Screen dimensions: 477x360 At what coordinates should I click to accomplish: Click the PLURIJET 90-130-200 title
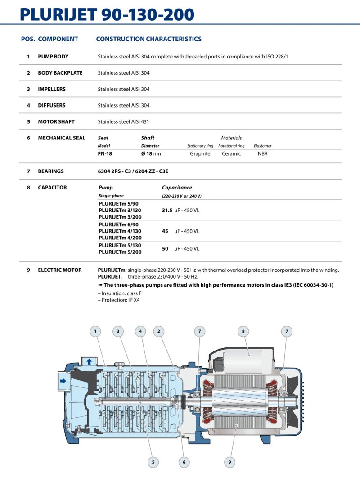(107, 14)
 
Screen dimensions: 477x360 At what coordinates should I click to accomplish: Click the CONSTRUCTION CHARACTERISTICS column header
(148, 39)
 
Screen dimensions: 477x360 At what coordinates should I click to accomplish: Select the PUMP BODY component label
(53, 57)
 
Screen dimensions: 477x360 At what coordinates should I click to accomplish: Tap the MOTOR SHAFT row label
(56, 121)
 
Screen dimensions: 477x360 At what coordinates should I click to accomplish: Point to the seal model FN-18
(105, 153)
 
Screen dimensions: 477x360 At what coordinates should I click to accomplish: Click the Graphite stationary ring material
(200, 153)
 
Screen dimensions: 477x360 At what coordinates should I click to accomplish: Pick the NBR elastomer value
(263, 153)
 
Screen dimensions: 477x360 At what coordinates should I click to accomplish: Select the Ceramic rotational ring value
(231, 153)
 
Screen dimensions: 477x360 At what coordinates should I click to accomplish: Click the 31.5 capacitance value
(167, 210)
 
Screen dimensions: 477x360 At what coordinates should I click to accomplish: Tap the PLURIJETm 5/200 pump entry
(120, 252)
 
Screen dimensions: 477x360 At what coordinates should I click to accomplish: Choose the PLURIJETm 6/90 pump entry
(118, 225)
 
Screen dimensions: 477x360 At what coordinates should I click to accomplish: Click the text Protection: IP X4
(119, 300)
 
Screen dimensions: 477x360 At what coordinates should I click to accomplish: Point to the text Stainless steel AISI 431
(123, 121)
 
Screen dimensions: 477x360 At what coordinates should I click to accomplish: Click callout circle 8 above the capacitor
(243, 331)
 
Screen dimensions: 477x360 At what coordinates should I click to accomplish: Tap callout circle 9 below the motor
(229, 461)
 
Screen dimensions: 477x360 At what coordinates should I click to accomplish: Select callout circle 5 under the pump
(153, 461)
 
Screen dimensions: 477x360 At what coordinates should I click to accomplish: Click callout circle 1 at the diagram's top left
(95, 331)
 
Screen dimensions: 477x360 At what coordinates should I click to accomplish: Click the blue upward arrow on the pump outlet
(89, 361)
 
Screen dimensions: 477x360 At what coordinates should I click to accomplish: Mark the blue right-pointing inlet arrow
(63, 381)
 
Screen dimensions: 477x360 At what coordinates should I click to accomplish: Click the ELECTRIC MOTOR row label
(60, 270)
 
